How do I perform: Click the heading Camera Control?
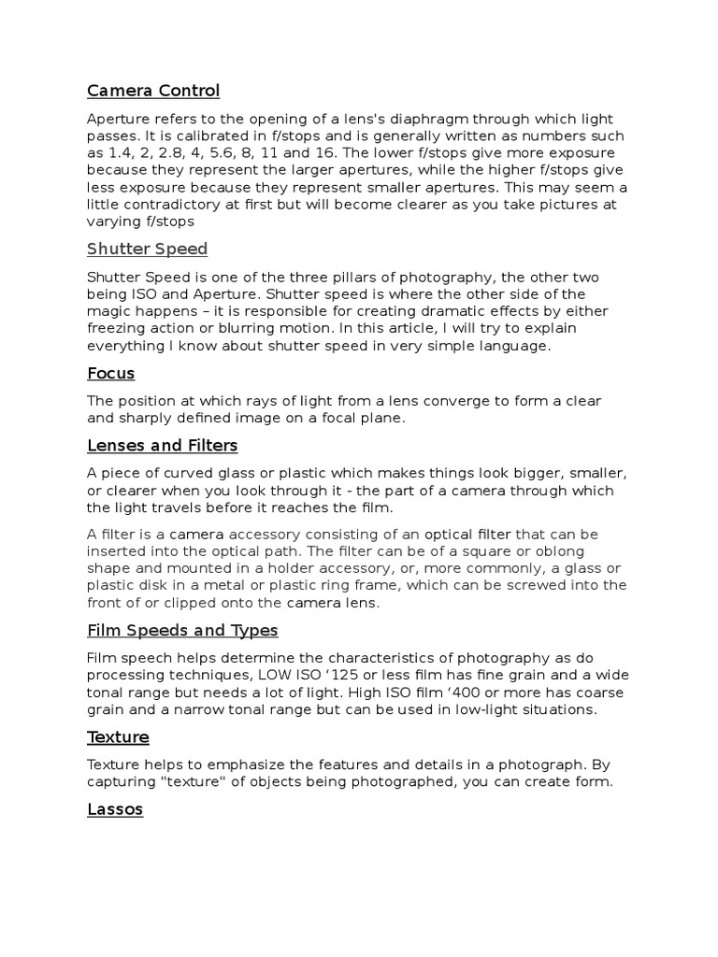click(153, 91)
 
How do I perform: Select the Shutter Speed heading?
click(147, 249)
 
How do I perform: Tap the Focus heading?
click(110, 373)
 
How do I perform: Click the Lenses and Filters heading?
click(162, 445)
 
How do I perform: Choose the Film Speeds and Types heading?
click(182, 630)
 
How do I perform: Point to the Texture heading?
click(118, 736)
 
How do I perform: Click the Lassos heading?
click(114, 808)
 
